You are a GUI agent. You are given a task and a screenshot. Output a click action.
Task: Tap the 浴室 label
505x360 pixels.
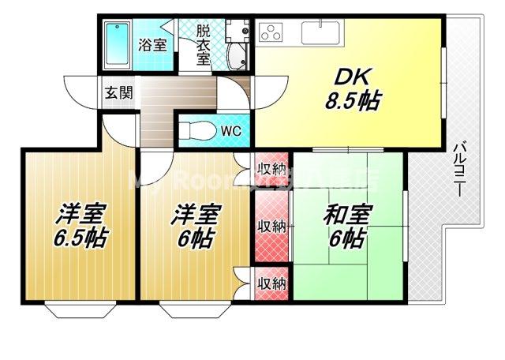(153, 44)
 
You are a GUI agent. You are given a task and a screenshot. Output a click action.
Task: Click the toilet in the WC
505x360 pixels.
(199, 129)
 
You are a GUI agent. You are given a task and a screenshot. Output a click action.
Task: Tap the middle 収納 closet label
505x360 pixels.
(271, 225)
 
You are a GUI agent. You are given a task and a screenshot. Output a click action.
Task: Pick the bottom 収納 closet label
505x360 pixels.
(271, 283)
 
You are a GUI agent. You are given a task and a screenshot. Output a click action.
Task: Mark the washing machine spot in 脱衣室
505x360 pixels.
(234, 29)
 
